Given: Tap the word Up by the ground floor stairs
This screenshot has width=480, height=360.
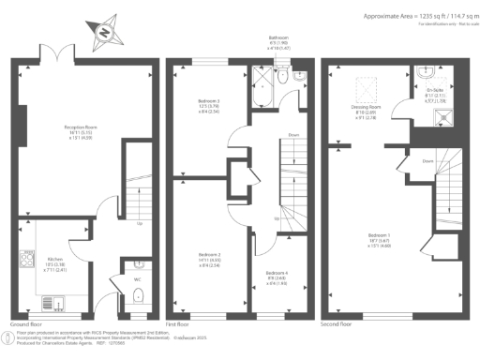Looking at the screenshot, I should coord(140,223).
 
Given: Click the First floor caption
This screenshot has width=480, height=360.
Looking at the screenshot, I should coord(177,322).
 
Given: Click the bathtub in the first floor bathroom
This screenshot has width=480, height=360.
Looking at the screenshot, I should coord(262,78).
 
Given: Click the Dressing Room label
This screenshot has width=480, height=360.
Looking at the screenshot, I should coord(365,108).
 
